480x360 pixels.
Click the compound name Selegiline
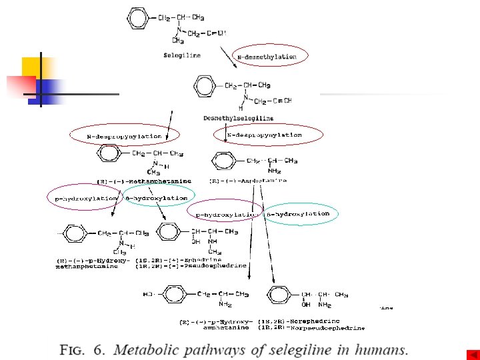[182, 55]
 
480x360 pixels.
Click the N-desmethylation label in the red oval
[267, 57]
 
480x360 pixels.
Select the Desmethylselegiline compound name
[239, 118]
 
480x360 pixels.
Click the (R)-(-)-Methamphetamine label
[144, 181]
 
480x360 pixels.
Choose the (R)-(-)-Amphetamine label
[248, 181]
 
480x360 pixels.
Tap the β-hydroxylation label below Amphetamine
[298, 214]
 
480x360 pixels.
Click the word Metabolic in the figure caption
[150, 349]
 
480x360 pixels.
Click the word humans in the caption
[383, 349]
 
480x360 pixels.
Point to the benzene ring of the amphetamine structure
[222, 161]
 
